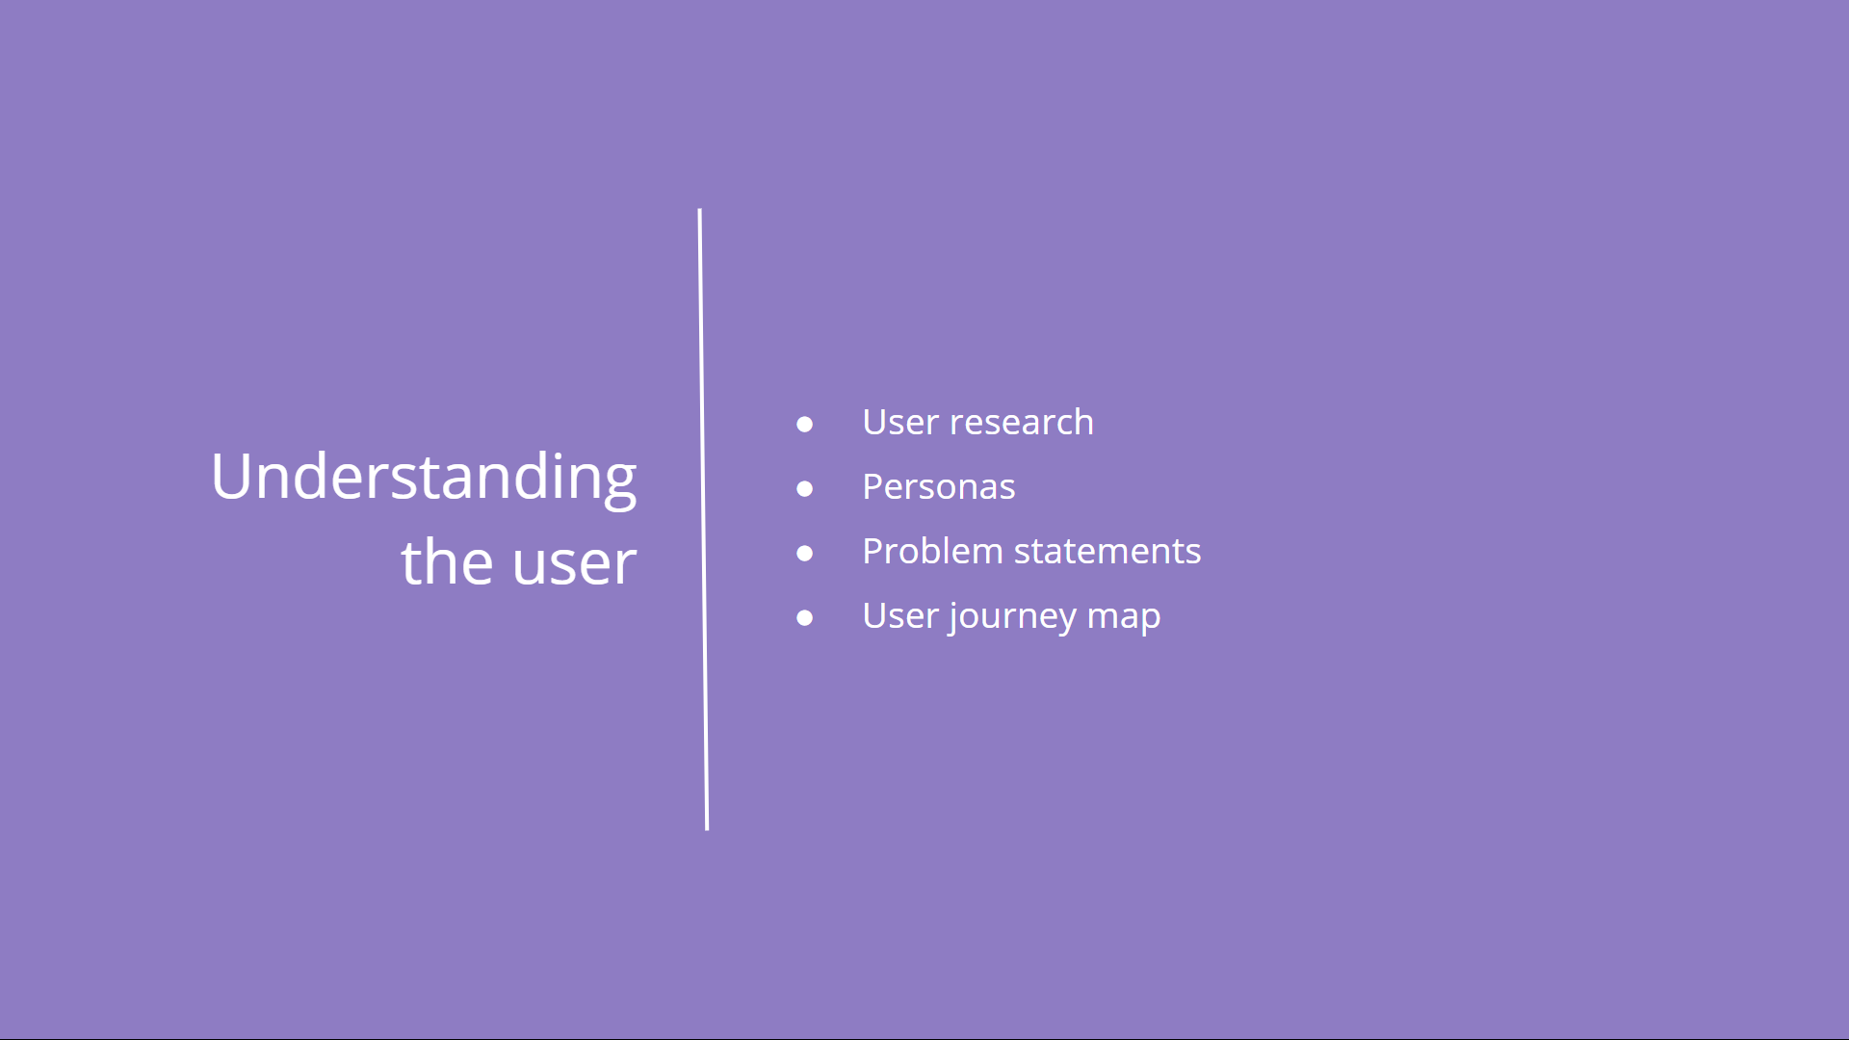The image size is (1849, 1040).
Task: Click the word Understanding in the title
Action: click(x=424, y=478)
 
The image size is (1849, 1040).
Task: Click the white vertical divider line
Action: click(x=703, y=519)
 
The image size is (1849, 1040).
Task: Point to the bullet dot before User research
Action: click(x=805, y=424)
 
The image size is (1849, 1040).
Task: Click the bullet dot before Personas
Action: click(x=805, y=488)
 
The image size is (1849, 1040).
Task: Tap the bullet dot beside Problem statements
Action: click(x=805, y=553)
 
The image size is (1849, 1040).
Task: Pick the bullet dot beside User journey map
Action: click(x=805, y=617)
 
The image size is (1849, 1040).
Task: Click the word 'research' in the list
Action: click(x=1022, y=422)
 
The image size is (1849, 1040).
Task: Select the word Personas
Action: click(x=939, y=486)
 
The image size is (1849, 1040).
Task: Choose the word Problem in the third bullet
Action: click(x=933, y=551)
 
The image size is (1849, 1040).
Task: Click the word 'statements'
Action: click(x=1107, y=552)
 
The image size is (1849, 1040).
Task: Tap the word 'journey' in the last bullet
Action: click(x=1012, y=617)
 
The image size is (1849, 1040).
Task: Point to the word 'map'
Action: click(x=1124, y=619)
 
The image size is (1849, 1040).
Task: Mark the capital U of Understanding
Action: click(x=232, y=476)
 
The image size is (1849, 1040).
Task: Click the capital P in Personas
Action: click(x=873, y=486)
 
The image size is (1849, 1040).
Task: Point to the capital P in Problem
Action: click(x=873, y=551)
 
